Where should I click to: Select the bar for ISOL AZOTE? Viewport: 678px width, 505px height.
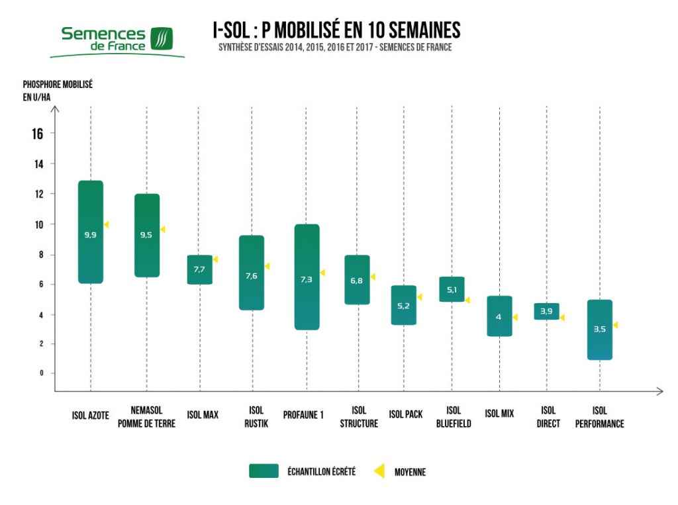[91, 232]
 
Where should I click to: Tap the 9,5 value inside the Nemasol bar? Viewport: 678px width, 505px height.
[147, 234]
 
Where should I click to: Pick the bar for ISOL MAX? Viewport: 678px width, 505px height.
[199, 269]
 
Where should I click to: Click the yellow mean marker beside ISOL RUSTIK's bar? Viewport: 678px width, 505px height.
[267, 266]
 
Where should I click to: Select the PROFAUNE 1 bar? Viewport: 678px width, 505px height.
[307, 277]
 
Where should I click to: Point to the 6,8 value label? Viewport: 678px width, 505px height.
[357, 281]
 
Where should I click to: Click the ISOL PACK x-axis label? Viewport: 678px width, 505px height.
[406, 415]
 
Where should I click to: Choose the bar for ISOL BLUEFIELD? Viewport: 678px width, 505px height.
[452, 289]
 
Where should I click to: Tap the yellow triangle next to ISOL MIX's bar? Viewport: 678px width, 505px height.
[514, 317]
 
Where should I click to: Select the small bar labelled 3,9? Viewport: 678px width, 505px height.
[546, 311]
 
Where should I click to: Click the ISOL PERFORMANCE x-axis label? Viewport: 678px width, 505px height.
[599, 417]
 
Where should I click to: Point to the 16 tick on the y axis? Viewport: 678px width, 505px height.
[37, 134]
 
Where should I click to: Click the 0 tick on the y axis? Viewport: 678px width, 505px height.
[40, 373]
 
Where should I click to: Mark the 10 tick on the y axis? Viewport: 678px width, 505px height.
[39, 224]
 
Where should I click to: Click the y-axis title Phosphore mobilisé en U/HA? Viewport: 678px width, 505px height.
[58, 91]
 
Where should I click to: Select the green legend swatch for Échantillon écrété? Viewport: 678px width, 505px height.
[264, 471]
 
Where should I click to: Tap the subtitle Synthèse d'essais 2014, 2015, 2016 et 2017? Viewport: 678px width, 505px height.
[335, 48]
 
